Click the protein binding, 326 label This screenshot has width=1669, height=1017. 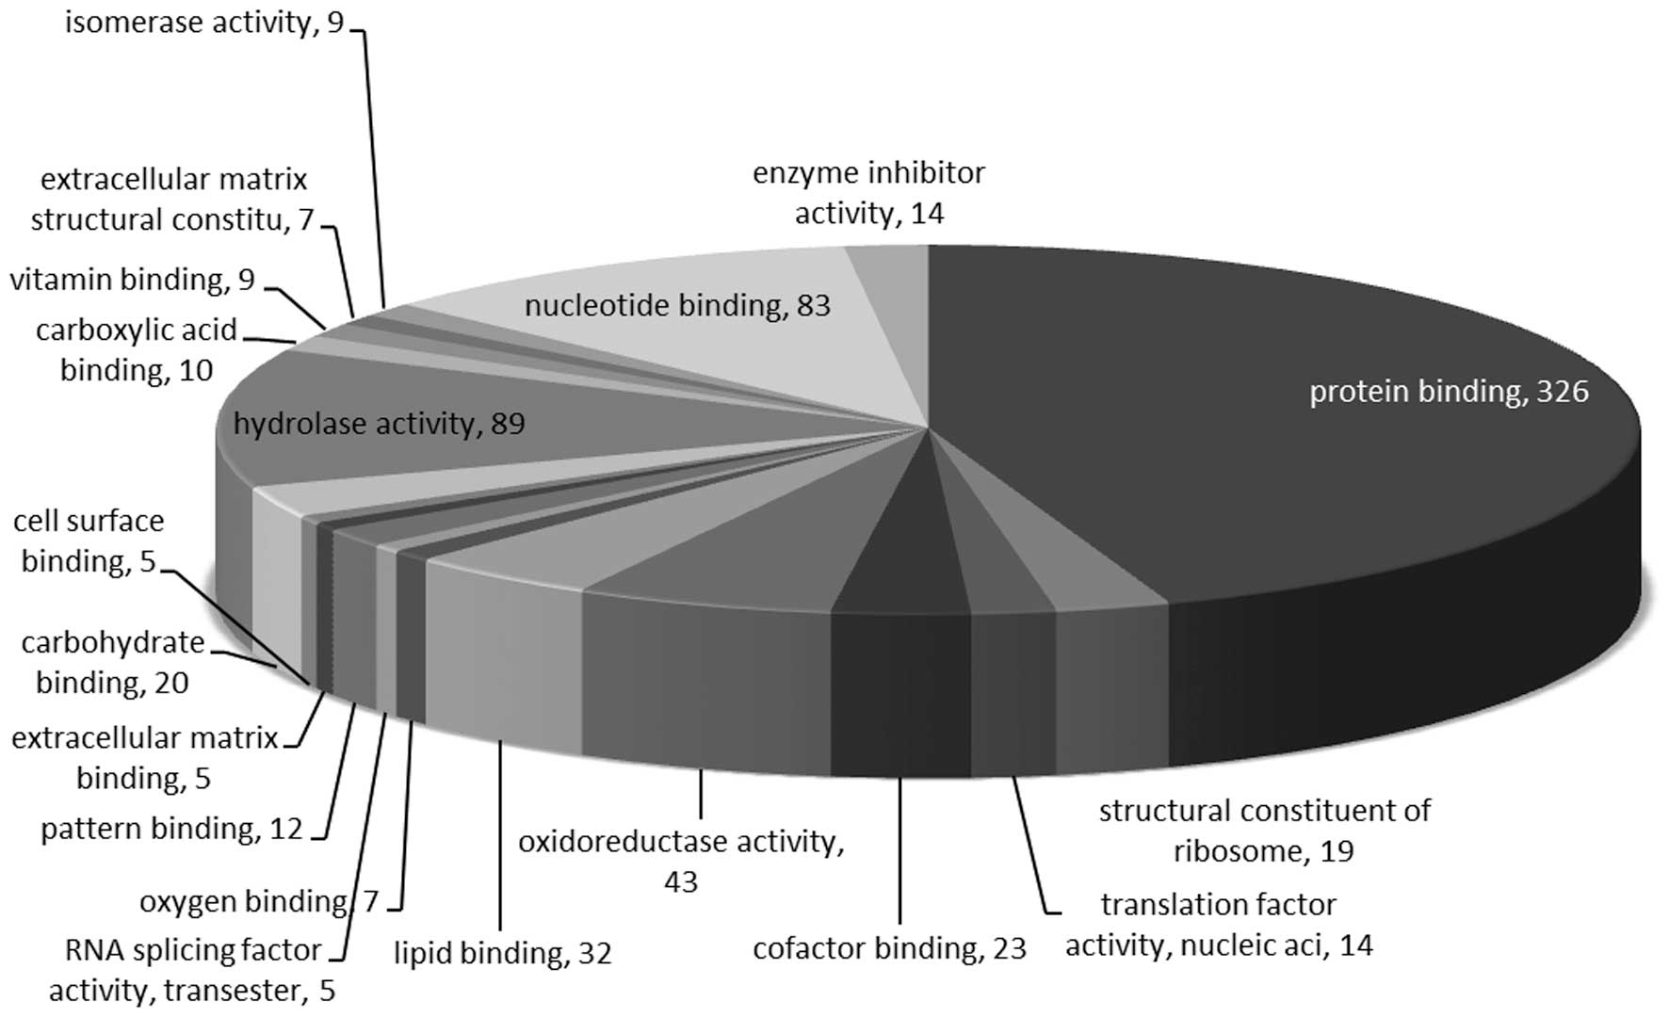1449,392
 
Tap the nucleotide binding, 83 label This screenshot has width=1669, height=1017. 677,306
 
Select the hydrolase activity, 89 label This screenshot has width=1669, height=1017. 379,424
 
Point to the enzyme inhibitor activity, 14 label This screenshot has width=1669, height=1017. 868,193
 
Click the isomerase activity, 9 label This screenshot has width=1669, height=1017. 204,22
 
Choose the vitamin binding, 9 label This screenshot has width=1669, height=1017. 133,280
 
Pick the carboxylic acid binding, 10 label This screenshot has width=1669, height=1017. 137,349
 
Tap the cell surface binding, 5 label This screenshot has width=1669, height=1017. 89,541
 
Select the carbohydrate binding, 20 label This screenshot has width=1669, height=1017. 112,661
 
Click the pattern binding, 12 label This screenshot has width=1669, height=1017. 171,829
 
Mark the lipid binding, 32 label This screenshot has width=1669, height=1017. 503,953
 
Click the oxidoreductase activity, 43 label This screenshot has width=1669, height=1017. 681,861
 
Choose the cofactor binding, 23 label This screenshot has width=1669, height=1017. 889,948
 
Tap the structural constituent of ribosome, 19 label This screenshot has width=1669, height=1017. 1264,831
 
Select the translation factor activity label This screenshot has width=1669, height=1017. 1219,925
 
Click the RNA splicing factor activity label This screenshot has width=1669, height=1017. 192,970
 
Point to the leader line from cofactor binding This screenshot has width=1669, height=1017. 901,847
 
